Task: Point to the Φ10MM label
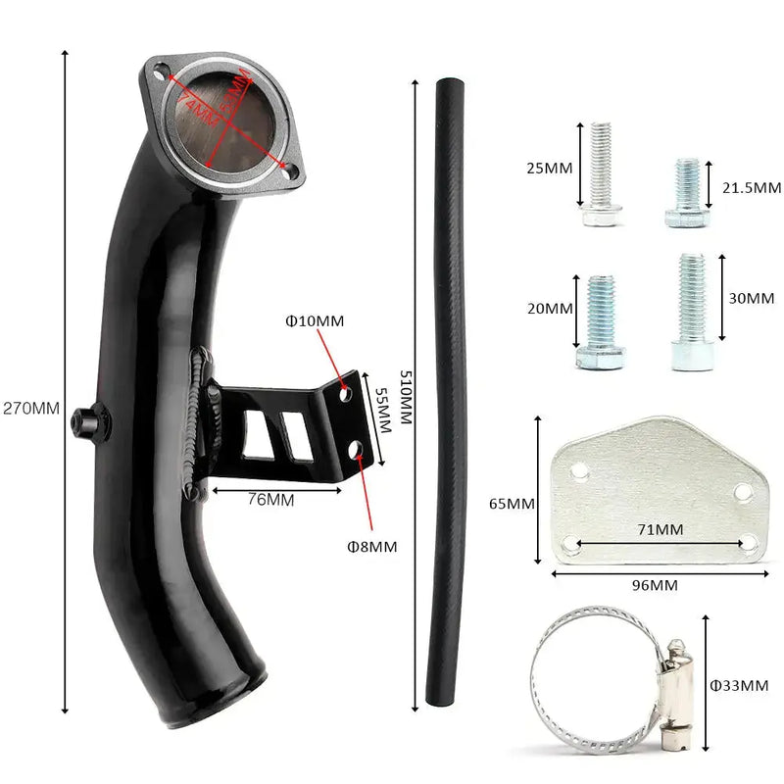coord(315,320)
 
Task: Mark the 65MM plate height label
coord(512,504)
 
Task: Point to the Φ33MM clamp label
coord(740,685)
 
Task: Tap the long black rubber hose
coord(450,392)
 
